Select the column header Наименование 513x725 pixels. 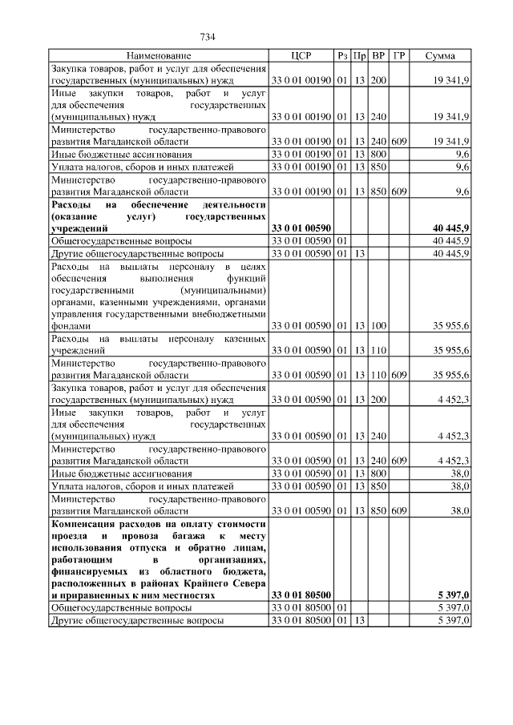159,56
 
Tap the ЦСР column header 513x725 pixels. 301,56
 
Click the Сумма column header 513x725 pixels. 440,56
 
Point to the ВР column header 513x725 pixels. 378,56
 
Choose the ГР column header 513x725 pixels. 399,56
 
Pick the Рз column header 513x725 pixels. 342,56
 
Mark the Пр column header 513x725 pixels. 360,56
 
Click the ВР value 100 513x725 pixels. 378,326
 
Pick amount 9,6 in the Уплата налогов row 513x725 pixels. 462,167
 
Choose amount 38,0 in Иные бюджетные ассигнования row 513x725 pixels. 460,474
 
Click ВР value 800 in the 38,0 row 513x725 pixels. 378,474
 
